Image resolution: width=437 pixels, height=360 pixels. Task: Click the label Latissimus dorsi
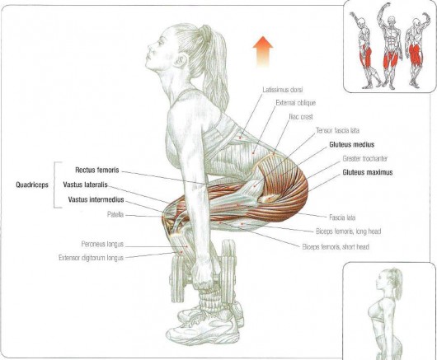[283, 90]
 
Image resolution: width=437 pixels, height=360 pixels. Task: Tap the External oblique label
[296, 103]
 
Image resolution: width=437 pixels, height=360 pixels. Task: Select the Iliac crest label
[301, 117]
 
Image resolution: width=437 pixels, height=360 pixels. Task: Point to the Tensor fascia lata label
[337, 130]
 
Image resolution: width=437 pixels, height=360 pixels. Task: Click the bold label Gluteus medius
[352, 144]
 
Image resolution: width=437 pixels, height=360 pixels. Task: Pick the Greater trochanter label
[365, 159]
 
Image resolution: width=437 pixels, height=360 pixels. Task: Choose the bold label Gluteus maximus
[368, 172]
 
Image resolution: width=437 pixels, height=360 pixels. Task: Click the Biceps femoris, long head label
[349, 231]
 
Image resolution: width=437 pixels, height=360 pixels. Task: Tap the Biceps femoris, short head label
[336, 247]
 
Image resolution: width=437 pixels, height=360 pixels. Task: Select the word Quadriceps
[32, 185]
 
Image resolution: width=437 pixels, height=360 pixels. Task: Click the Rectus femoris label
[97, 170]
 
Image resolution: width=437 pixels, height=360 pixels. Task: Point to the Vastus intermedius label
[96, 199]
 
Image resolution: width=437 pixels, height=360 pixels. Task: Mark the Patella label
[115, 215]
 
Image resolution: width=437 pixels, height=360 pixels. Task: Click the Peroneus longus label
[102, 244]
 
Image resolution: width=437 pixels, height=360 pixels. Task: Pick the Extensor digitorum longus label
[92, 258]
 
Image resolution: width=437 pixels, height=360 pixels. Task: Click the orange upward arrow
[262, 52]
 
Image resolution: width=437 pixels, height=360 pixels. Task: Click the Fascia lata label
[342, 217]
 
